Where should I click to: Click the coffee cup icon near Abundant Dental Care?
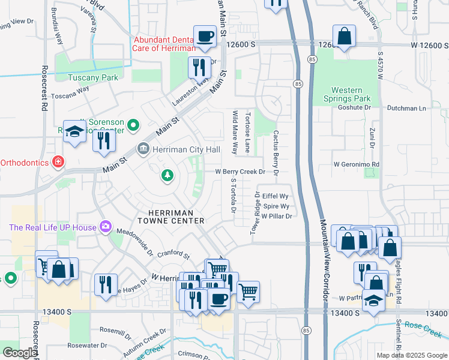pos(205,36)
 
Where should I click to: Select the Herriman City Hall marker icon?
pos(143,149)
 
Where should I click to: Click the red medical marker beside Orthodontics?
pos(58,162)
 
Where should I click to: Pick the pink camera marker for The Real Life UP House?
pos(106,226)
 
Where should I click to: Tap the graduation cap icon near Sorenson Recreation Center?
pos(74,133)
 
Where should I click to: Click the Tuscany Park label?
pos(93,77)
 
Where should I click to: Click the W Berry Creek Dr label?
pos(240,172)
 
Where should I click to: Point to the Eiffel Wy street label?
pos(276,196)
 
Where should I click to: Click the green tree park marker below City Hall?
pos(167,175)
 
